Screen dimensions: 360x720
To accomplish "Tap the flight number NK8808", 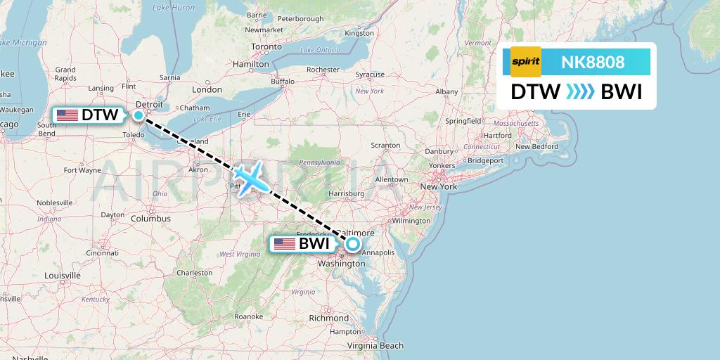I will click(593, 62).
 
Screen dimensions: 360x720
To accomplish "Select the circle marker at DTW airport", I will click(139, 115).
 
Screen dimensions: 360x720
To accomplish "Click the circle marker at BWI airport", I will click(352, 245).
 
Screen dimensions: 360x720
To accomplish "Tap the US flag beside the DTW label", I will click(67, 115).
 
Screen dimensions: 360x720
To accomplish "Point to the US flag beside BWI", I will click(285, 244).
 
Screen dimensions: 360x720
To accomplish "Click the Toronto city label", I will click(266, 47).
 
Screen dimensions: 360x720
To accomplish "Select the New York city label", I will click(438, 186).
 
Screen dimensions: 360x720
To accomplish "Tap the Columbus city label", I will click(150, 219).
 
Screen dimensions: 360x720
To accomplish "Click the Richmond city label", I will click(328, 318).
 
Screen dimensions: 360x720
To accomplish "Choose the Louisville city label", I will click(63, 276).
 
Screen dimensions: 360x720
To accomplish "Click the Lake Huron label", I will click(174, 8).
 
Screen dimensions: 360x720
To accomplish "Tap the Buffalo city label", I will click(283, 82).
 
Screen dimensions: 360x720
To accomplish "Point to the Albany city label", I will click(446, 91).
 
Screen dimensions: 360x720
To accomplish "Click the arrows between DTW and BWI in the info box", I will click(580, 92).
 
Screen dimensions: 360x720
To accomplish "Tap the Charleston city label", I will click(194, 273).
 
